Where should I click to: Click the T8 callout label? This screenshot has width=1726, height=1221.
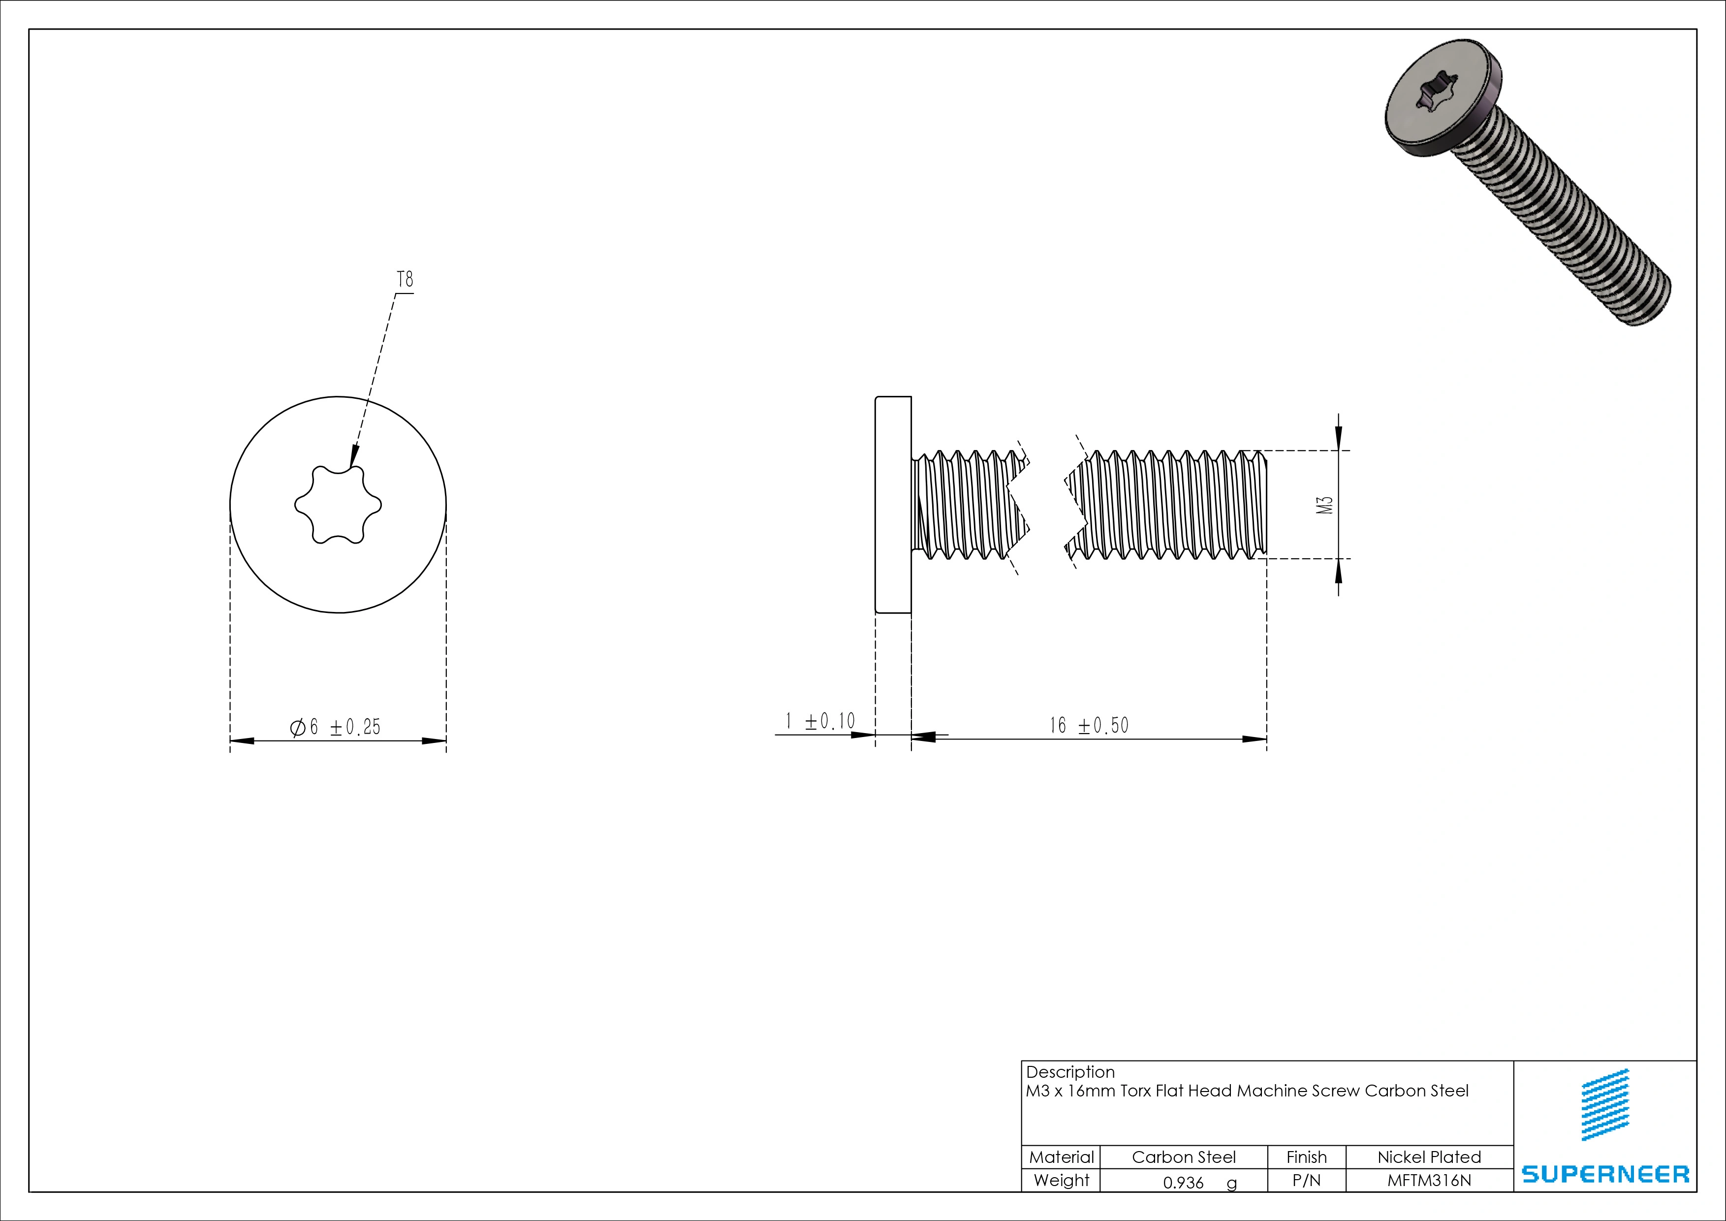coord(405,280)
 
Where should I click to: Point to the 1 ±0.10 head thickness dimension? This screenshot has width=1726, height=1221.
coord(820,722)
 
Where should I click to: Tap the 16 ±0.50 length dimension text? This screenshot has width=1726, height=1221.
coord(1089,726)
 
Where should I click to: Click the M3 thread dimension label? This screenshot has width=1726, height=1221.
coord(1325,505)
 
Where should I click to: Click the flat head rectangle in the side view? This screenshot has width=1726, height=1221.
coord(893,505)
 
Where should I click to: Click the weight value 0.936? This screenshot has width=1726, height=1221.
coord(1183,1183)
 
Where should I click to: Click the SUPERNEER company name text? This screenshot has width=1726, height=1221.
coord(1605,1174)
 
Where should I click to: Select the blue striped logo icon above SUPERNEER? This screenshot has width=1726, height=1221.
coord(1606,1104)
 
